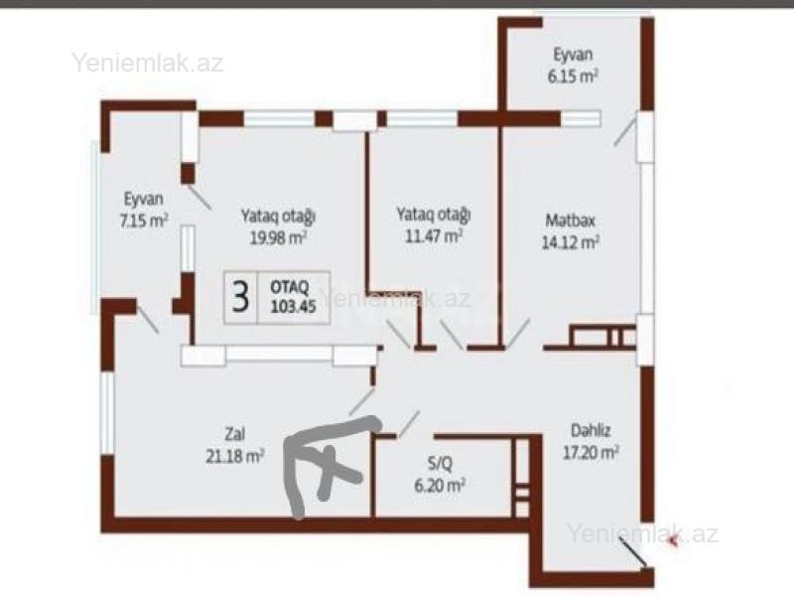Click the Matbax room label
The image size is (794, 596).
click(570, 221)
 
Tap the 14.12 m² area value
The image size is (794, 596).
click(571, 242)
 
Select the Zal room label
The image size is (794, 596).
click(235, 434)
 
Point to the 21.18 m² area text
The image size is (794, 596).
click(234, 456)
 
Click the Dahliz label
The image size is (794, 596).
click(591, 431)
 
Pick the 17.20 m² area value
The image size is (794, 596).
click(592, 452)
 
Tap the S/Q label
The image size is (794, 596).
click(440, 463)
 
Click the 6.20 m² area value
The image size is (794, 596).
click(440, 486)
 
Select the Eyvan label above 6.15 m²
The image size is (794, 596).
click(573, 55)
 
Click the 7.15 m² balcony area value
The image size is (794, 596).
click(144, 221)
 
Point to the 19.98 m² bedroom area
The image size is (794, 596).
click(279, 237)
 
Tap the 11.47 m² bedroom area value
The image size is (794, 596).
click(434, 235)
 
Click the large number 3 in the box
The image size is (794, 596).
click(240, 297)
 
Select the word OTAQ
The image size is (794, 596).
click(290, 287)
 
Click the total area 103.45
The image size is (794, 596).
click(293, 307)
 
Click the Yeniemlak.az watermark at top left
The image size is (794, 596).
click(147, 63)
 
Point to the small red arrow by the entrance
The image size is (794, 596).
click(674, 542)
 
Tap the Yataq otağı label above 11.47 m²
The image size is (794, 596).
click(434, 215)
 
